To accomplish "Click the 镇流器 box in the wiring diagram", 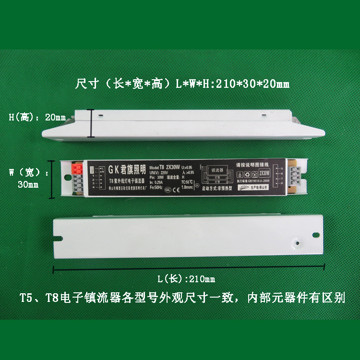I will coord(217,170).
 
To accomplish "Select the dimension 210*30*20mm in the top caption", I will coord(250,84).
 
